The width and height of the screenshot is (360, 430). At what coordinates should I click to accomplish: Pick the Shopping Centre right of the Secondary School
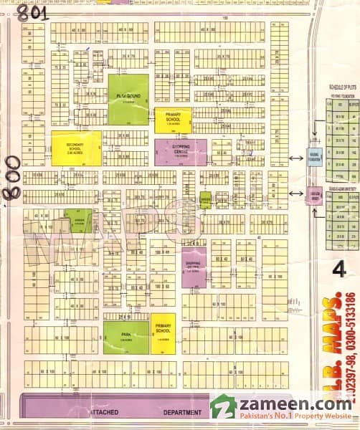point(180,151)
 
